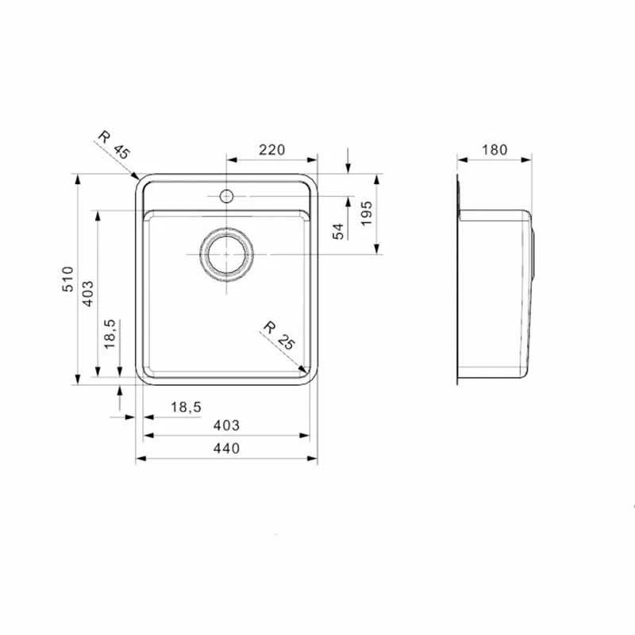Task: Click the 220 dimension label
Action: tap(271, 149)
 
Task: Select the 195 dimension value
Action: tap(366, 214)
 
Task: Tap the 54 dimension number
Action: tap(337, 231)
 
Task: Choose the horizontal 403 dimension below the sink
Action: tap(226, 426)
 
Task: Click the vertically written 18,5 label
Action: tap(110, 334)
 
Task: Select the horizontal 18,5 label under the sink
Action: tap(186, 407)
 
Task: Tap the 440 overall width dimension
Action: tap(226, 449)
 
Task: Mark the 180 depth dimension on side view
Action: tap(494, 149)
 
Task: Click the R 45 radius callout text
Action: tap(111, 143)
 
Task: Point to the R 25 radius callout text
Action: tap(279, 335)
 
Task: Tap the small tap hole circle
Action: tap(226, 195)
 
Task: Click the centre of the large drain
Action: tap(226, 254)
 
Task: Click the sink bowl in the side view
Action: tap(492, 294)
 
